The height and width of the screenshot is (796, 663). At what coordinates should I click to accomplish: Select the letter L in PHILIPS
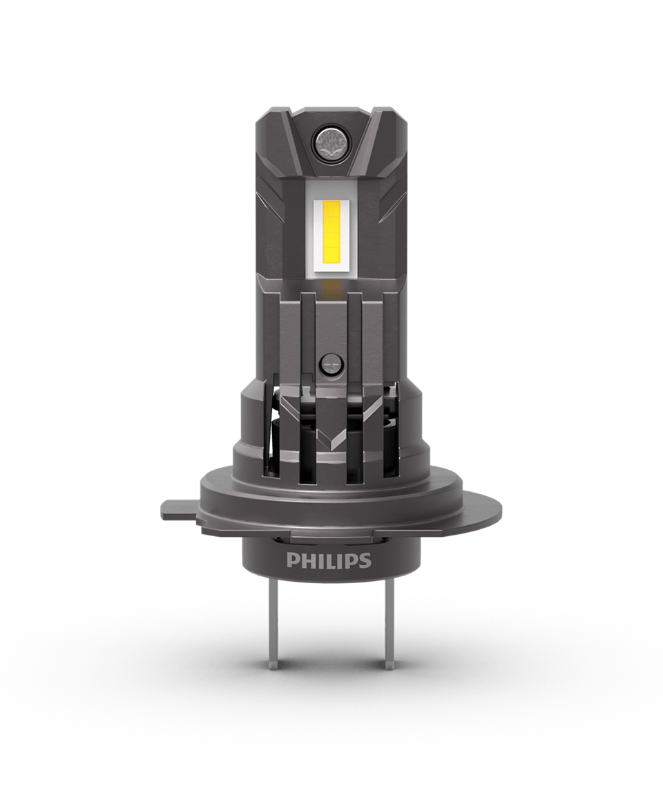[x=336, y=560]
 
